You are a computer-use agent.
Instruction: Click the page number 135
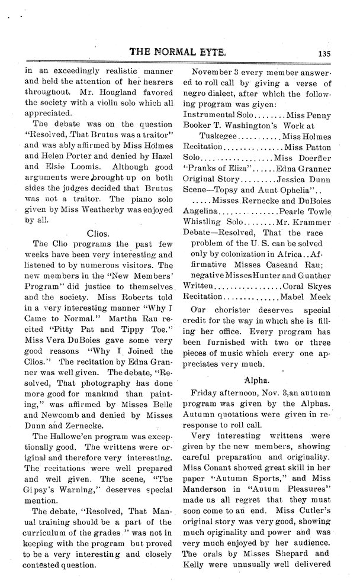click(x=323, y=52)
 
